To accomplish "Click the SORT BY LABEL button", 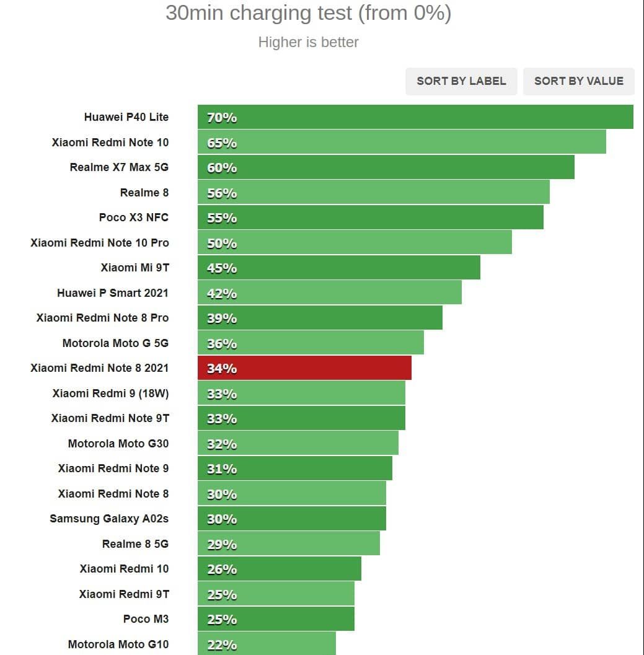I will click(x=461, y=81).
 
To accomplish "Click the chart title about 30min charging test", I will click(x=308, y=13).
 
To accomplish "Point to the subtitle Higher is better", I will click(x=308, y=42).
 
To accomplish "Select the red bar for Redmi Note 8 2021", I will click(x=304, y=368).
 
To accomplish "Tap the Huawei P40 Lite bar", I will click(x=415, y=117).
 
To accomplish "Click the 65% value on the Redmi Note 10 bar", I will click(x=222, y=143).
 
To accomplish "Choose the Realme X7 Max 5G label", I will click(x=119, y=167).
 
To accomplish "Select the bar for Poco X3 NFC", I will click(x=371, y=218).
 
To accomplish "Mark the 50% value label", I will click(x=222, y=243).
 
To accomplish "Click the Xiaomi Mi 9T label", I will click(x=135, y=268).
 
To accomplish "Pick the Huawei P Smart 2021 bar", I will click(x=330, y=292).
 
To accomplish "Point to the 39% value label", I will click(x=222, y=318).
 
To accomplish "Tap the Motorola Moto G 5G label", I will click(x=115, y=343).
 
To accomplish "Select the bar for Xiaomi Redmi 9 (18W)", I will click(x=301, y=393).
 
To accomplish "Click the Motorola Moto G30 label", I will click(x=118, y=443).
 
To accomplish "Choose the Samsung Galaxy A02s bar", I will click(x=292, y=519).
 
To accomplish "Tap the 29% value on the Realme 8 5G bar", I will click(x=222, y=544).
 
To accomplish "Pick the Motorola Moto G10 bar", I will click(x=267, y=644).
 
